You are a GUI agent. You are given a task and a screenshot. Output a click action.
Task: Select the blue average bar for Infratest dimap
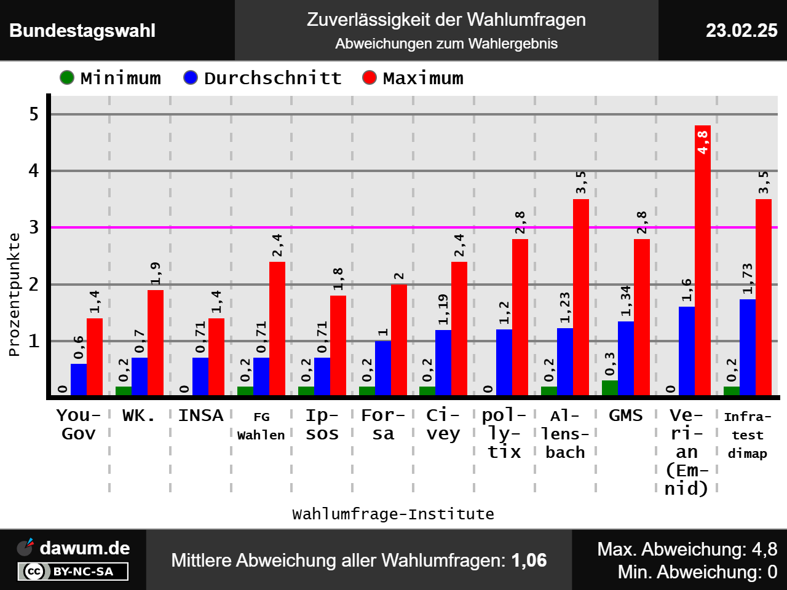pos(748,347)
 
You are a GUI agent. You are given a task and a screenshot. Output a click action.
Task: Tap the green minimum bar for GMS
pos(610,388)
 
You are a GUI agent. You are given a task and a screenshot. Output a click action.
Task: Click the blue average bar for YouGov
pos(79,379)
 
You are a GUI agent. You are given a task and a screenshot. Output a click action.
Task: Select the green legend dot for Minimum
pos(67,78)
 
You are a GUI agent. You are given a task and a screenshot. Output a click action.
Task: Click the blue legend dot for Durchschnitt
pos(191,78)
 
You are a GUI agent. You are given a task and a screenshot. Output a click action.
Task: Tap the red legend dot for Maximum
pos(370,78)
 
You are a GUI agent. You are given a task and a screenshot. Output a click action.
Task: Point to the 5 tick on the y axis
pos(34,114)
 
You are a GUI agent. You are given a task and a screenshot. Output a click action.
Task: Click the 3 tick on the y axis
pos(34,227)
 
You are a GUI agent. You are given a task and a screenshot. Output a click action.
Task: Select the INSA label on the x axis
pos(200,415)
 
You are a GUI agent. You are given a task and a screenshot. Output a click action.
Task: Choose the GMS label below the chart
pos(626,415)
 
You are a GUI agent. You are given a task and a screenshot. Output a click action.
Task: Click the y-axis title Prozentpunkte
pos(14,294)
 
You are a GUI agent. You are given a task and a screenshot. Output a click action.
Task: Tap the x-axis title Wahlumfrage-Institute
pos(393,514)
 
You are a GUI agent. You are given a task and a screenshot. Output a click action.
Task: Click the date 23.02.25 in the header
pos(742,31)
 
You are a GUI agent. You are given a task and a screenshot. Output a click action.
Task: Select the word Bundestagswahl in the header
pos(82,31)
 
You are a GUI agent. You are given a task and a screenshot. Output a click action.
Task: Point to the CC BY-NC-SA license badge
pos(73,572)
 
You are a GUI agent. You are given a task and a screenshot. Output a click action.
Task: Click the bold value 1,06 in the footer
pos(529,560)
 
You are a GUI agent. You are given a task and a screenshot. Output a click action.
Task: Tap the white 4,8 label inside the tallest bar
pos(703,142)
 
